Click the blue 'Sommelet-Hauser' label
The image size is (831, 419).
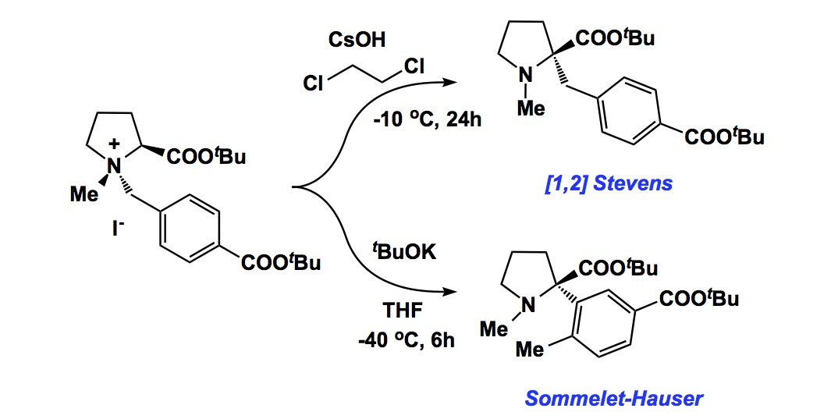pyautogui.click(x=613, y=399)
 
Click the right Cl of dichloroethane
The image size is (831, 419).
pyautogui.click(x=414, y=67)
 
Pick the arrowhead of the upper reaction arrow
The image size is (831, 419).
pyautogui.click(x=451, y=81)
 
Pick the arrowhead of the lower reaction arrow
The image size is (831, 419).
pyautogui.click(x=451, y=294)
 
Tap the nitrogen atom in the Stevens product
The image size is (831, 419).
pyautogui.click(x=527, y=76)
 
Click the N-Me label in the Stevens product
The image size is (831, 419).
pyautogui.click(x=531, y=110)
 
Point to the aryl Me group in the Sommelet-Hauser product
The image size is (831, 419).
pyautogui.click(x=531, y=350)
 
